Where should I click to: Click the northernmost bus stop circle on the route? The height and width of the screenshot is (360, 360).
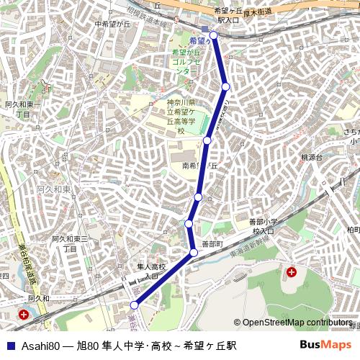click(213, 34)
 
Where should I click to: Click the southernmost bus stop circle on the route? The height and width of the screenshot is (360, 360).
click(134, 305)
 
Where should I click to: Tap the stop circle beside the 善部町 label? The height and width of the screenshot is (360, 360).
click(194, 252)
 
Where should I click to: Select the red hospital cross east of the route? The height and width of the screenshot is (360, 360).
click(291, 272)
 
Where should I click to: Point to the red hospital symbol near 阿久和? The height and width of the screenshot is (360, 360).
click(24, 315)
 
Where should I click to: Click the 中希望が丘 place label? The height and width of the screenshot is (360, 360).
click(111, 24)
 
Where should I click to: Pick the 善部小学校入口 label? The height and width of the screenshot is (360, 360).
click(262, 226)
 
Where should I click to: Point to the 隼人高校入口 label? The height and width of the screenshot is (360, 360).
click(151, 271)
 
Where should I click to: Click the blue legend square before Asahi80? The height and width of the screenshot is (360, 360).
click(10, 346)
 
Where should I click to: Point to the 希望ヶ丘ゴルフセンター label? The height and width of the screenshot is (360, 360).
click(185, 62)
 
